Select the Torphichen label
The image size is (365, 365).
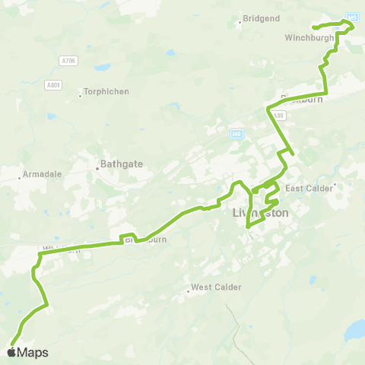pyautogui.click(x=108, y=92)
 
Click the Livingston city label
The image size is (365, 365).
pyautogui.click(x=259, y=214)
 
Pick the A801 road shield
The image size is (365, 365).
pyautogui.click(x=52, y=84)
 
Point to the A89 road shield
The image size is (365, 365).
pyautogui.click(x=279, y=115)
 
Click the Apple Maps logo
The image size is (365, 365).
pyautogui.click(x=28, y=352)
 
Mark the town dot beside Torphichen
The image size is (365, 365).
pyautogui.click(x=81, y=96)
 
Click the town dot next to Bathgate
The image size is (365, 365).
pyautogui.click(x=99, y=170)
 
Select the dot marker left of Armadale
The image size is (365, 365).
pyautogui.click(x=20, y=178)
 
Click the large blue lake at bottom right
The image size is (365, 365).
pyautogui.click(x=354, y=331)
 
